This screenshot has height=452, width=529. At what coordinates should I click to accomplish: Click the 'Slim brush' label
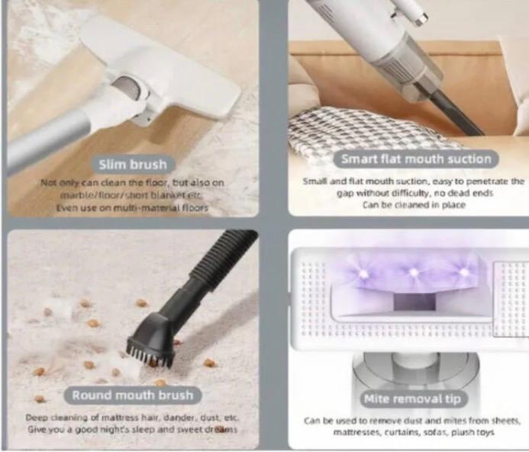pos(133,165)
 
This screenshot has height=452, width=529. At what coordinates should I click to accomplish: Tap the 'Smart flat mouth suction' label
pos(416,159)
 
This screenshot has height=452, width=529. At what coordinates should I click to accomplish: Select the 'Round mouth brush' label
pos(133,395)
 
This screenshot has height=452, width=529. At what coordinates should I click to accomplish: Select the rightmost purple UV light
pos(463,272)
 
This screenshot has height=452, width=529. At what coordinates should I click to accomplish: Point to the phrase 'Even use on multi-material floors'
pos(132,207)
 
